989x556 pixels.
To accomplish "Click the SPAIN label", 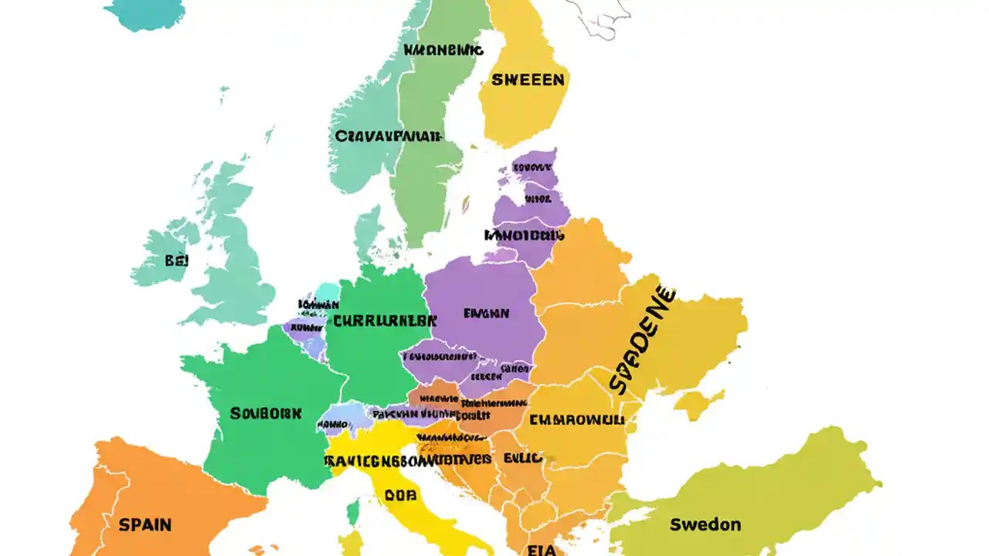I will coord(145,524).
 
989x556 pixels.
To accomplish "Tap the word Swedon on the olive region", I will coord(705,524).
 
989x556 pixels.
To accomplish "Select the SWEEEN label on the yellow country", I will coord(528,80).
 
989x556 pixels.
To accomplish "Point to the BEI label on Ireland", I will coord(176,260).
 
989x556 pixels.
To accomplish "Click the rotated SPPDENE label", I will coord(641,341).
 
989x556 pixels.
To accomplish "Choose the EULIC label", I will coord(525,457).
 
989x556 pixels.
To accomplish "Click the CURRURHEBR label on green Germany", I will coord(380,319).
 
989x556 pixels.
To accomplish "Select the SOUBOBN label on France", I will coord(266,413).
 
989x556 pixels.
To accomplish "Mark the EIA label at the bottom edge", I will coord(543,549).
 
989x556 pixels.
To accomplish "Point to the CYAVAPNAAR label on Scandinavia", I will coord(388,136).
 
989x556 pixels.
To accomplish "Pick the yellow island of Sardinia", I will coord(352,544).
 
